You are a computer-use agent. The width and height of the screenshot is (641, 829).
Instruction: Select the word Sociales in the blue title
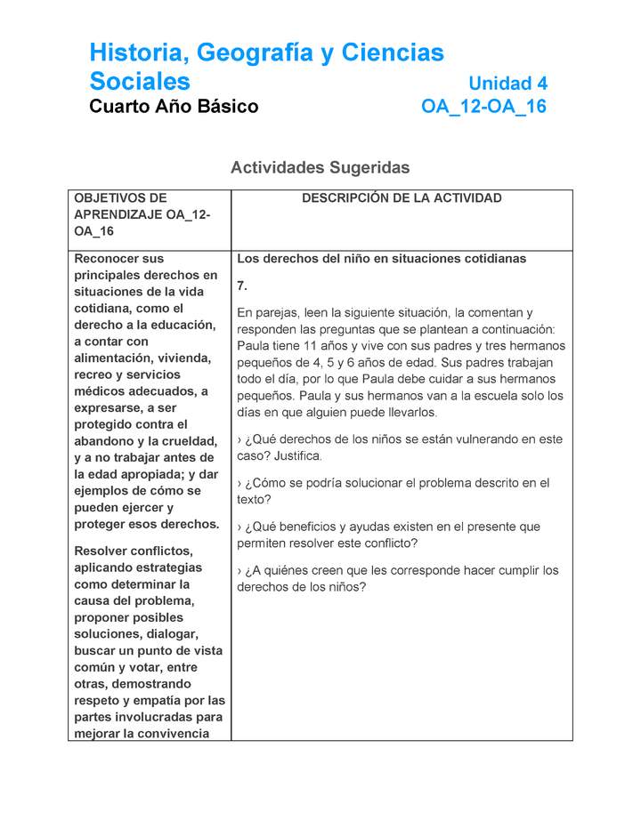coord(140,82)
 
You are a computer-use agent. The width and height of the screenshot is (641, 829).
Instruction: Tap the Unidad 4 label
coord(507,84)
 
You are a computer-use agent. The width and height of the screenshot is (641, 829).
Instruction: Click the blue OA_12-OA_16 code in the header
coord(483,108)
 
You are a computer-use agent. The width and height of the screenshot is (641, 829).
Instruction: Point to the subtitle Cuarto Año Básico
coord(174,108)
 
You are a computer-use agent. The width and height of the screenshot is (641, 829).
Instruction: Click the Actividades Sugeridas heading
coord(320,167)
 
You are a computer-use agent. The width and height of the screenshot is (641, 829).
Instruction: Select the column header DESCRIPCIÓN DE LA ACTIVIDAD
coord(402,198)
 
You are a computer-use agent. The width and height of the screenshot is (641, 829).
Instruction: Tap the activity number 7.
coord(241,286)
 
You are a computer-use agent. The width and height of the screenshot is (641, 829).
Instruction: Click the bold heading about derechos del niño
coord(381,259)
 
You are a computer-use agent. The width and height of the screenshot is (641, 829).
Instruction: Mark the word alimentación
coord(117,358)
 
